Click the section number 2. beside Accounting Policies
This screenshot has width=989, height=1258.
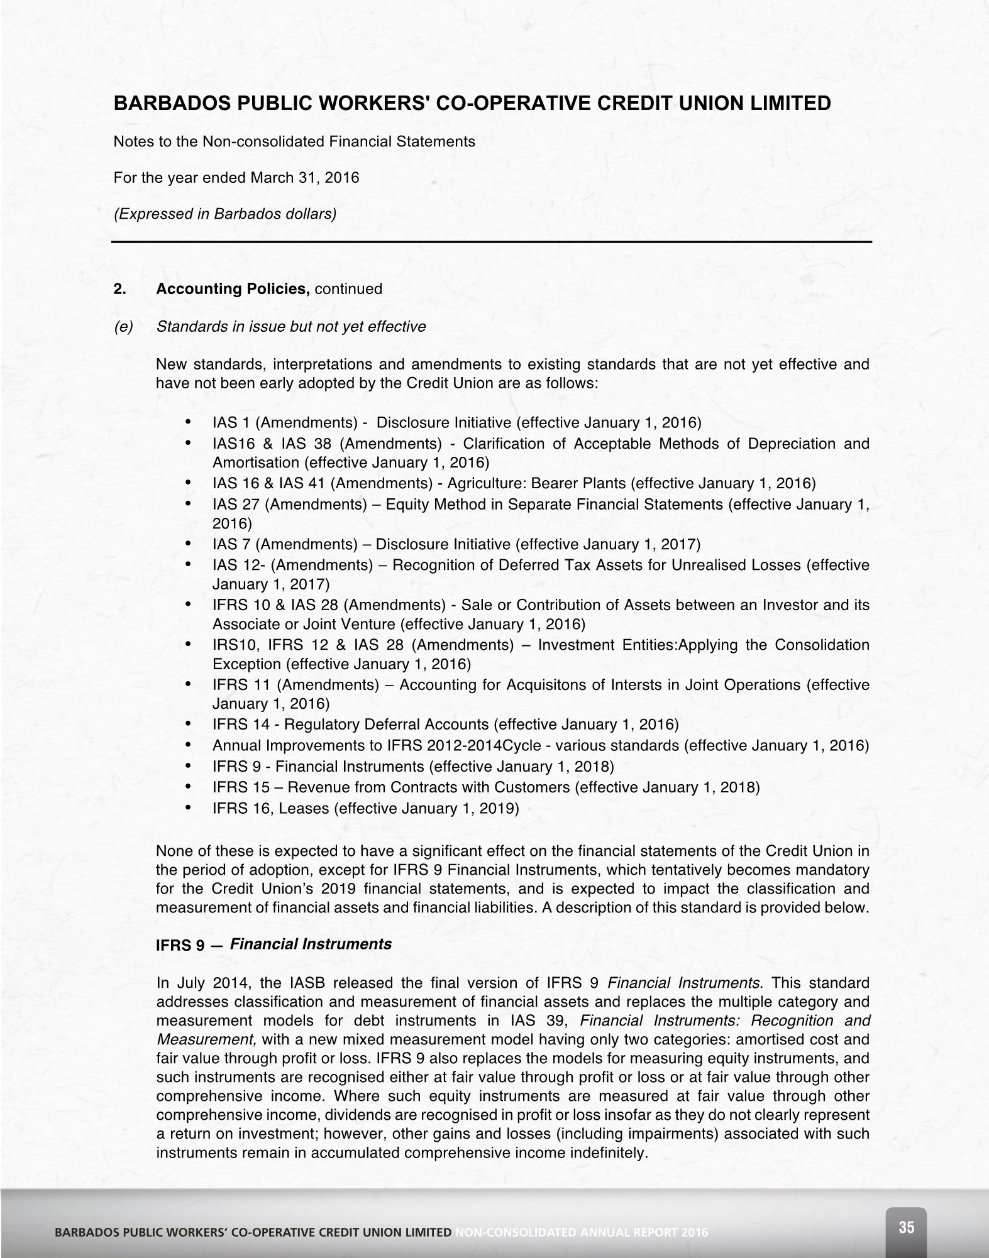(x=119, y=289)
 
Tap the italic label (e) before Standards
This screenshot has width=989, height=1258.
(x=123, y=327)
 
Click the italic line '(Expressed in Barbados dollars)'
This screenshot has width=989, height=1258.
(x=225, y=214)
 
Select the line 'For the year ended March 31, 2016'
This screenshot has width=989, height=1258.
(x=236, y=178)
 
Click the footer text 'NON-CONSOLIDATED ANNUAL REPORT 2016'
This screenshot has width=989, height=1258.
(x=582, y=1232)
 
